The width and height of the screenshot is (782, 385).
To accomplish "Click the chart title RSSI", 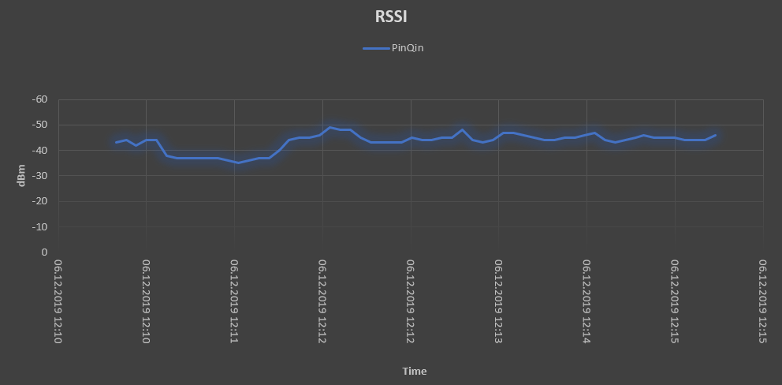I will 391,17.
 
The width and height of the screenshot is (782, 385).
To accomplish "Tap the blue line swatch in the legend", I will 376,48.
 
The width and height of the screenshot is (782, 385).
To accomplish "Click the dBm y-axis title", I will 21,175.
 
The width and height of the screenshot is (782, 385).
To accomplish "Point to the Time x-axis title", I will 414,371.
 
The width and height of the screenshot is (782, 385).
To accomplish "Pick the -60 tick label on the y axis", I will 39,99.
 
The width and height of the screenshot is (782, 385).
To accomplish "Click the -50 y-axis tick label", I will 39,125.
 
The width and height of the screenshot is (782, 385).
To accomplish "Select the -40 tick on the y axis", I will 39,150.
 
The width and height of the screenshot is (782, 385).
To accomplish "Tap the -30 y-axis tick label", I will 39,175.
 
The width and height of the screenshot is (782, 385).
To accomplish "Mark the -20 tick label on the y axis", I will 39,201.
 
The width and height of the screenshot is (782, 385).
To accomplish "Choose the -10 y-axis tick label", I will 39,226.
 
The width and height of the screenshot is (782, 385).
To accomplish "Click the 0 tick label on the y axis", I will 44,252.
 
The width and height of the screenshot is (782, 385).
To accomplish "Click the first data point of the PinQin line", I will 116,143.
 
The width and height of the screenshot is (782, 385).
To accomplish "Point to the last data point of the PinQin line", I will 715,135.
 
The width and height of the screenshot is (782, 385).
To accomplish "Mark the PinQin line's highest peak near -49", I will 330,127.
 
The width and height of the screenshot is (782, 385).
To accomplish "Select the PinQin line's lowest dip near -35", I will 238,163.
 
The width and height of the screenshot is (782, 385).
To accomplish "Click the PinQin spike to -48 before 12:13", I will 463,130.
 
